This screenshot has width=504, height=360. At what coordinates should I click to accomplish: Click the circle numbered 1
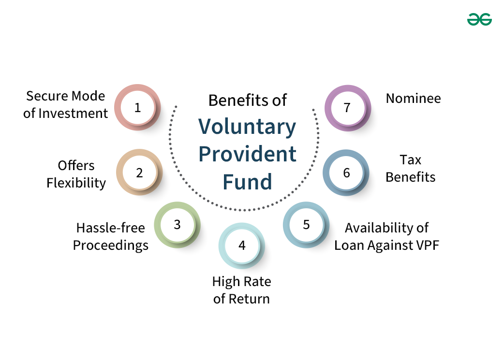138,107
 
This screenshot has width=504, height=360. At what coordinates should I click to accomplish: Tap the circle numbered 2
139,172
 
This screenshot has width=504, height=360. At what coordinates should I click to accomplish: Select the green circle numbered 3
177,225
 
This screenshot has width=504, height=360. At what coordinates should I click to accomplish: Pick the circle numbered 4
242,245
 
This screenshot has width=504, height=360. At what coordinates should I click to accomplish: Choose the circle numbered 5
306,225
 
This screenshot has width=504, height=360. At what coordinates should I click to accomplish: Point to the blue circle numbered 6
346,173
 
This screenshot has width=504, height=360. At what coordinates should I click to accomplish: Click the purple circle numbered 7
347,107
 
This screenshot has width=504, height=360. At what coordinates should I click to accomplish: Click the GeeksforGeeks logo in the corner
479,19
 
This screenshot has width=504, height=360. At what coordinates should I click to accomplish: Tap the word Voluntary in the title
247,127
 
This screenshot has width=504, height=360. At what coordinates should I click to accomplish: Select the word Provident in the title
247,154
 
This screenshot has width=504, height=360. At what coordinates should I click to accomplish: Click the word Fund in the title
247,182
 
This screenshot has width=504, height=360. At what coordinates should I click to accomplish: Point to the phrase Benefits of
247,100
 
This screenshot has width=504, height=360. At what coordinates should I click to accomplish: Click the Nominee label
413,99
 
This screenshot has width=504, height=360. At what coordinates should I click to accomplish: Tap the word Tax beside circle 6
410,159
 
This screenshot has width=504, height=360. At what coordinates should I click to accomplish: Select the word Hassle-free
111,227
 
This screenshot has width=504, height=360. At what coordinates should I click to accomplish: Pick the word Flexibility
76,183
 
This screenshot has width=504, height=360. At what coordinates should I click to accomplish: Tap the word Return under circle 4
248,299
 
